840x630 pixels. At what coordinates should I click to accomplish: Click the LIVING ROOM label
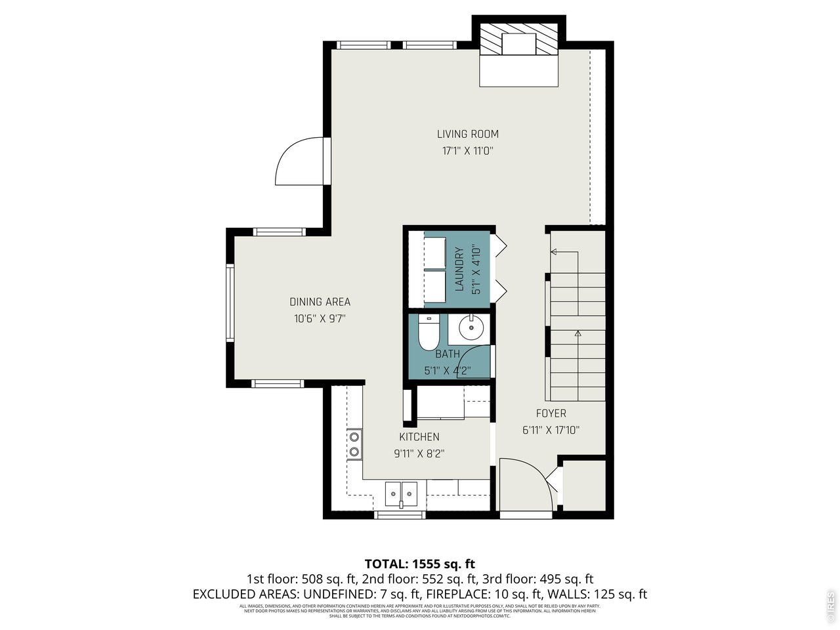[468, 134]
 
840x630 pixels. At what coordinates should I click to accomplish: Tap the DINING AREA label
[320, 302]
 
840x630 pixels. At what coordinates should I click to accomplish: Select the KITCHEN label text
[419, 437]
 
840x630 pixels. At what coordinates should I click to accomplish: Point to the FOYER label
[551, 413]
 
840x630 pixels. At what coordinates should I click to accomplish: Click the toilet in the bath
[428, 333]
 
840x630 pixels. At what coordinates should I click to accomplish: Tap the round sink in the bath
[471, 327]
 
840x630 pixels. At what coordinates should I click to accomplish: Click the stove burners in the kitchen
[354, 444]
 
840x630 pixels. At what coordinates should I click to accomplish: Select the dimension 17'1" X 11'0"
[467, 151]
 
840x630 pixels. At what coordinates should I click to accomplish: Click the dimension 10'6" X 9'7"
[320, 319]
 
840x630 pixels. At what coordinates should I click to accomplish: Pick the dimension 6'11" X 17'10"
[551, 430]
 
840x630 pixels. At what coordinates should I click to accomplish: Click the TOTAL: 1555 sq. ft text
[420, 563]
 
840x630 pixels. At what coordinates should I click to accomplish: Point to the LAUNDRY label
[459, 268]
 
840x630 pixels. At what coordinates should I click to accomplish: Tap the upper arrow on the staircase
[554, 251]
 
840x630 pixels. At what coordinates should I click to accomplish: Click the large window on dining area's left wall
[230, 302]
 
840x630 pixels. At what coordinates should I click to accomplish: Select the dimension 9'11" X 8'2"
[419, 453]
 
